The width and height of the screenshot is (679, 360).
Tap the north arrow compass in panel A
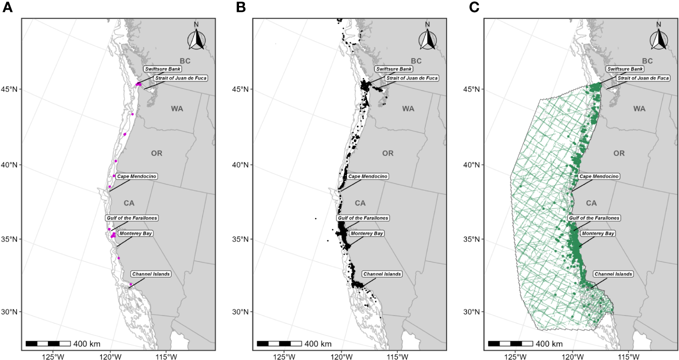(196, 38)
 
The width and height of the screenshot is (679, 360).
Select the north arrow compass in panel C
(659, 38)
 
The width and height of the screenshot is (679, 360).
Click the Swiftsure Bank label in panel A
(162, 69)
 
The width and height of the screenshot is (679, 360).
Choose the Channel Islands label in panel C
(613, 274)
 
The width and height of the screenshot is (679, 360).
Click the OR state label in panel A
(157, 153)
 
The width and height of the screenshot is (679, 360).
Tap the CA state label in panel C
(591, 203)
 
